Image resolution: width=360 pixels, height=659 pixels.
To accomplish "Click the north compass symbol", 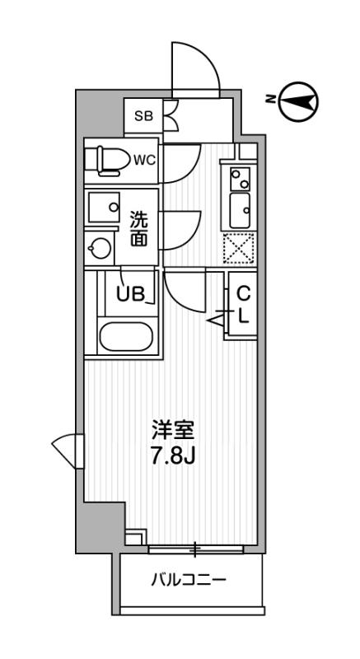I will (x=297, y=100).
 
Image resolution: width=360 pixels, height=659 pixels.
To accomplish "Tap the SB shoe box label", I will (x=143, y=116).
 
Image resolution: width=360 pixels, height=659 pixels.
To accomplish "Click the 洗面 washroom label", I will (x=140, y=228).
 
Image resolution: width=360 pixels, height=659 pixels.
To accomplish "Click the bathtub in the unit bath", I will (x=124, y=336).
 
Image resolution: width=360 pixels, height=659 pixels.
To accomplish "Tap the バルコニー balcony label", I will (x=189, y=580).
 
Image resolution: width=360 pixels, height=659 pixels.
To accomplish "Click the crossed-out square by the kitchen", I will (x=239, y=247).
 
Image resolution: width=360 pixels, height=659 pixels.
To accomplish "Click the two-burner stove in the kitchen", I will (x=240, y=177).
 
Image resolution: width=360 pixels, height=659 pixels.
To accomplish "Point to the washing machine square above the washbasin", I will (x=103, y=208).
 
